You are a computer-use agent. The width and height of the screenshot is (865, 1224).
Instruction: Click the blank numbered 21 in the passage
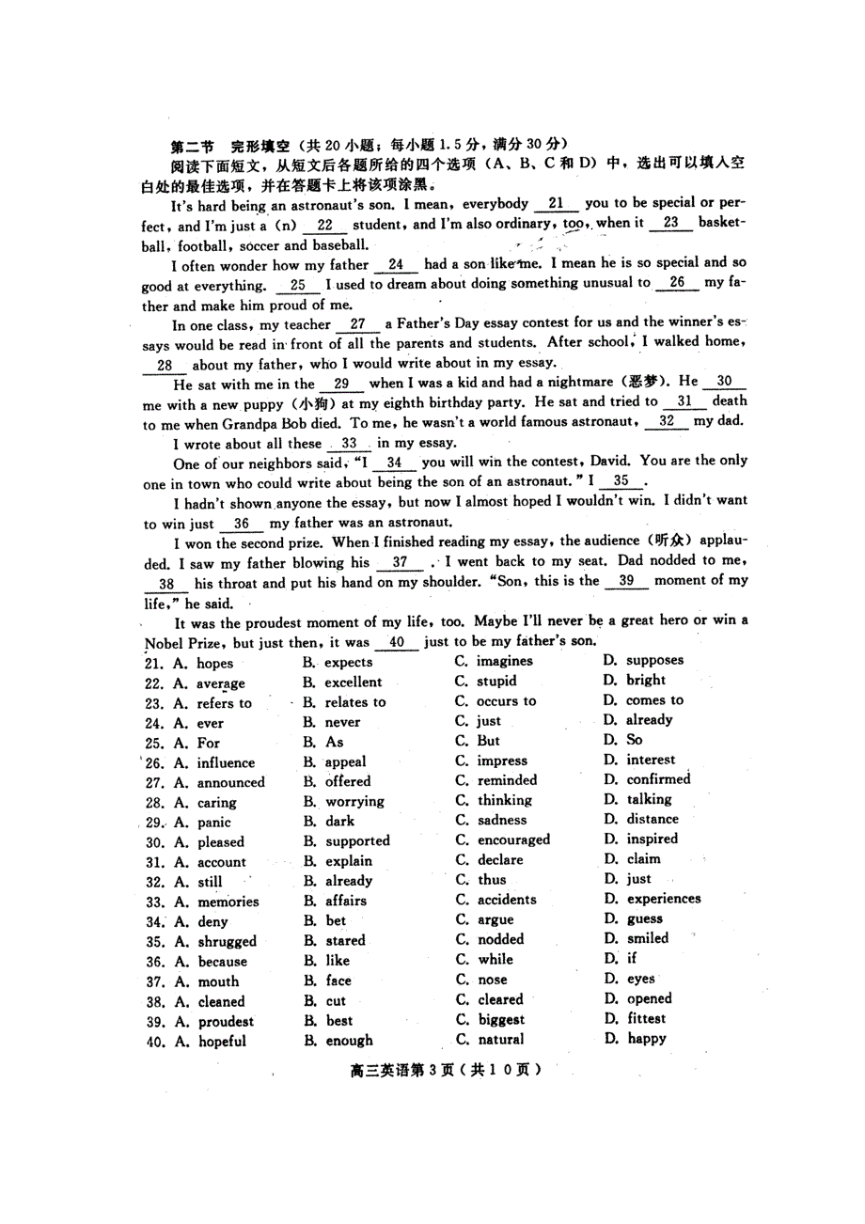point(556,204)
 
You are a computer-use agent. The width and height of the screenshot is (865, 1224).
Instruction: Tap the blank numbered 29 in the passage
point(341,384)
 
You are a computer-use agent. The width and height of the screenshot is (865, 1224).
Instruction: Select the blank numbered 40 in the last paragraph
point(396,643)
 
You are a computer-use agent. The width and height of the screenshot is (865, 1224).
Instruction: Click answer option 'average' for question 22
point(220,683)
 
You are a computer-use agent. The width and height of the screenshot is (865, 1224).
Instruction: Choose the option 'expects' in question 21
point(348,663)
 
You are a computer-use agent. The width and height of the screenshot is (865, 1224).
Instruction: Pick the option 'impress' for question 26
point(502,761)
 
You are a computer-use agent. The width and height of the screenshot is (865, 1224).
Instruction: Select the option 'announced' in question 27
point(230,782)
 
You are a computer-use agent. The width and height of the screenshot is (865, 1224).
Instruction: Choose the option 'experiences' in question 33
point(664,899)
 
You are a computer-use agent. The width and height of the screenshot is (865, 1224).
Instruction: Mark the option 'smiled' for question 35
point(648,938)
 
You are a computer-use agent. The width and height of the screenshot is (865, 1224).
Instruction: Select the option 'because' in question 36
point(222,962)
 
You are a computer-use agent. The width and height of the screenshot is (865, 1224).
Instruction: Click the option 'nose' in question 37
point(493,980)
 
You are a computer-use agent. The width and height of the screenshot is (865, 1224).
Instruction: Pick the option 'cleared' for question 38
point(500,1000)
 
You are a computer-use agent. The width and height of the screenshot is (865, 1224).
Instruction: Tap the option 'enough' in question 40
point(349,1041)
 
